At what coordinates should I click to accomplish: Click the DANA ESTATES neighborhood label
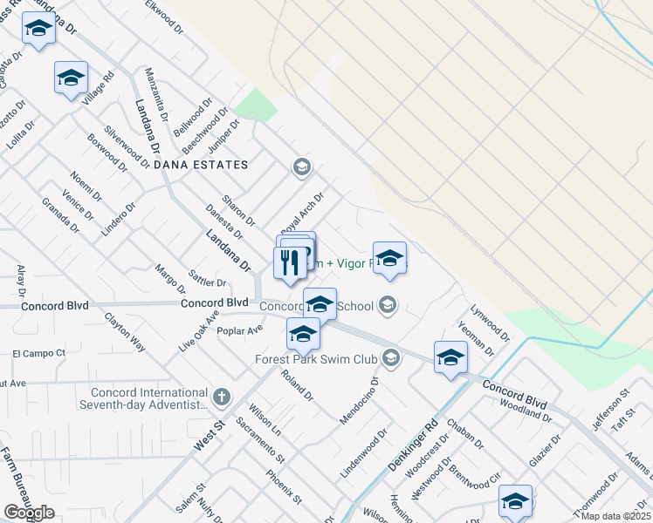201,165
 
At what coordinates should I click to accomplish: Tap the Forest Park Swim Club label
315,358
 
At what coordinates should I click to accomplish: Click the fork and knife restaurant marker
290,262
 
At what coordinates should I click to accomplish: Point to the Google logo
29,513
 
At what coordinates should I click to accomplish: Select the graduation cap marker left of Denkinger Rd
450,357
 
